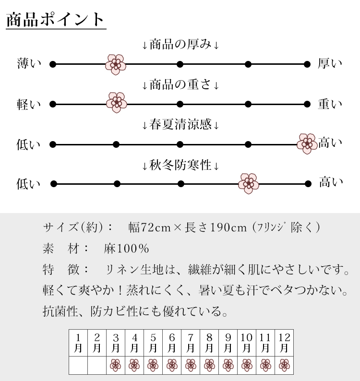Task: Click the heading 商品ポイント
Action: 55,20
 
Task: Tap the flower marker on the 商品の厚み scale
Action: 115,64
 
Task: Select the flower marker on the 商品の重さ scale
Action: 116,103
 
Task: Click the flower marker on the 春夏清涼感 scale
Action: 307,143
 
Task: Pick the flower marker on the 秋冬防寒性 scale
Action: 249,183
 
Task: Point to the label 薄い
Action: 29,64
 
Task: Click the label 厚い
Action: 330,64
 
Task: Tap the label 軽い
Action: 29,104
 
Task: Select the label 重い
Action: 330,104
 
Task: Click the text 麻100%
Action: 127,249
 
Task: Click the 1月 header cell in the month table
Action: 78,342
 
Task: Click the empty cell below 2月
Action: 97,365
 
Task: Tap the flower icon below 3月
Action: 116,365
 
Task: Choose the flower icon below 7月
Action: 191,365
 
